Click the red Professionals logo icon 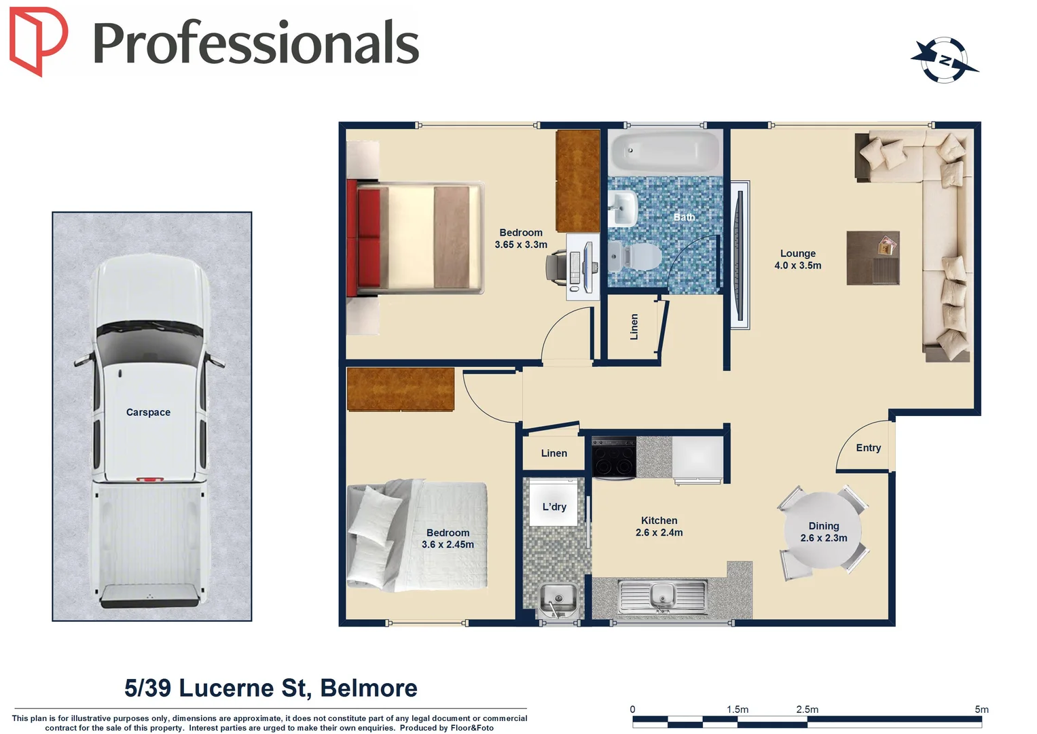(38, 41)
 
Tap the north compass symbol (945, 60)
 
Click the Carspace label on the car (148, 413)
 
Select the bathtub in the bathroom (663, 151)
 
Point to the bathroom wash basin (623, 207)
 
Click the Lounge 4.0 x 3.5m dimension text (797, 266)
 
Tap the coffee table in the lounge (873, 258)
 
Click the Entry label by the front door (868, 448)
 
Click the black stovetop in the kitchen (614, 457)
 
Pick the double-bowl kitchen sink (662, 596)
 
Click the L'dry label (554, 507)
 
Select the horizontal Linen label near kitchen (554, 453)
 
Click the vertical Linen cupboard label (634, 327)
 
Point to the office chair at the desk (558, 265)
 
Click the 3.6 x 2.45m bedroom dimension (448, 544)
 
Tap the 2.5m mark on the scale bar (807, 710)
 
